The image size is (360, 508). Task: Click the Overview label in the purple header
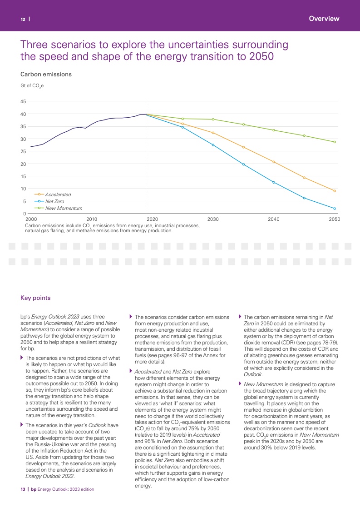pos(324,19)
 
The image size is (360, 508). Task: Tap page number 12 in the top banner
pos(22,19)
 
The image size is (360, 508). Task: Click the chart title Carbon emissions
pos(46,74)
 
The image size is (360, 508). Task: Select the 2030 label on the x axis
pos(213,219)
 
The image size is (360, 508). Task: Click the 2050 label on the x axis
pos(335,219)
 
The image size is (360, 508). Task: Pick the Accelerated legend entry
pos(58,194)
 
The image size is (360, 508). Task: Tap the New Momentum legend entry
pos(64,208)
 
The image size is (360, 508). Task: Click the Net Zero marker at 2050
pos(335,209)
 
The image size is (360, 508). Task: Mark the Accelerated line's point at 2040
pos(274,162)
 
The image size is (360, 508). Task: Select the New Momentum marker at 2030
pos(213,120)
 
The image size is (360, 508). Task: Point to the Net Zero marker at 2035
pos(243,164)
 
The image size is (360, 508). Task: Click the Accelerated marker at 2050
pos(335,191)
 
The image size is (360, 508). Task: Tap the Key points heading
pos(35,298)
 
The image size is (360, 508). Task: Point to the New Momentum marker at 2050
pos(335,142)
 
